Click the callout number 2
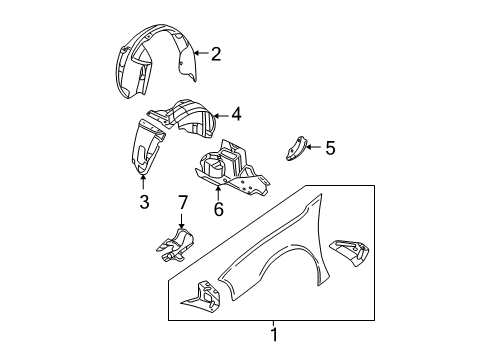tap(215, 54)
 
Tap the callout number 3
tap(144, 203)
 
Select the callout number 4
tap(236, 114)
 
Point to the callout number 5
tap(329, 148)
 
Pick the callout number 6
tap(218, 210)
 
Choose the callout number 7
tap(182, 204)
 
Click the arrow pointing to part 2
tap(199, 54)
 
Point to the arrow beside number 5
tap(314, 148)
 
